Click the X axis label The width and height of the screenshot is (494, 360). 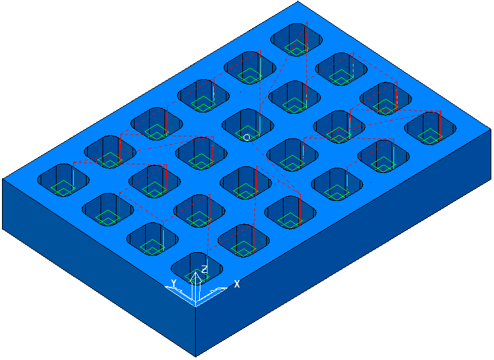click(237, 284)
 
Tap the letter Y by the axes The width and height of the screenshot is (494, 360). click(173, 283)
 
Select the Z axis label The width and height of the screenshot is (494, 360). click(204, 270)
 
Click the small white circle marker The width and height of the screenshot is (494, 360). click(247, 137)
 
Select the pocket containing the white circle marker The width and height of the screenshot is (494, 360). click(248, 125)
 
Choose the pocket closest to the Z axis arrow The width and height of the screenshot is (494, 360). click(197, 268)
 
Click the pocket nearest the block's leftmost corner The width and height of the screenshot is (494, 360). click(63, 180)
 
